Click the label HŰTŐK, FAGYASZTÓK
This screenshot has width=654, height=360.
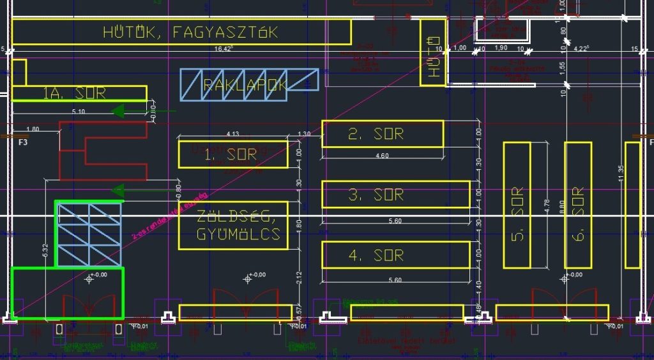190,32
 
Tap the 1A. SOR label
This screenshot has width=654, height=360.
74,93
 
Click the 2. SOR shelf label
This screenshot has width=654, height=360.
376,134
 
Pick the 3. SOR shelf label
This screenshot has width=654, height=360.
376,195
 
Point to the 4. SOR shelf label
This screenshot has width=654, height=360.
376,255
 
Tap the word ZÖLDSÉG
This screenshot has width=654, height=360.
233,216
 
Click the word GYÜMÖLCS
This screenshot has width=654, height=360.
233,235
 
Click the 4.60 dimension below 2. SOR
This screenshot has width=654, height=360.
383,156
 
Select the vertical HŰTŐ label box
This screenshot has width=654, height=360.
432,52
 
